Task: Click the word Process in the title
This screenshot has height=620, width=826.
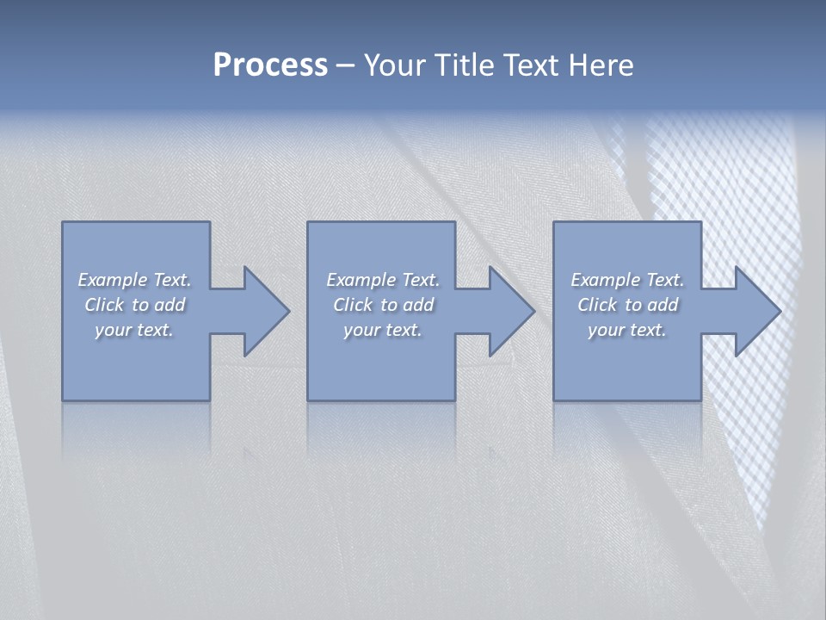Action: tap(270, 65)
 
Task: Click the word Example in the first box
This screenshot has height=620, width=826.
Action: tap(113, 280)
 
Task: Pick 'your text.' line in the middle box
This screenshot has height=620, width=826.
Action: tap(382, 330)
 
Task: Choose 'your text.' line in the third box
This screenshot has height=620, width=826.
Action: tap(626, 330)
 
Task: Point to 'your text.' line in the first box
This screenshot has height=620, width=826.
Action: tap(133, 330)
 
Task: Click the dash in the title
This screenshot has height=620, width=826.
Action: tap(345, 65)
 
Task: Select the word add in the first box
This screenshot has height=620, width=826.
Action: tap(170, 305)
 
